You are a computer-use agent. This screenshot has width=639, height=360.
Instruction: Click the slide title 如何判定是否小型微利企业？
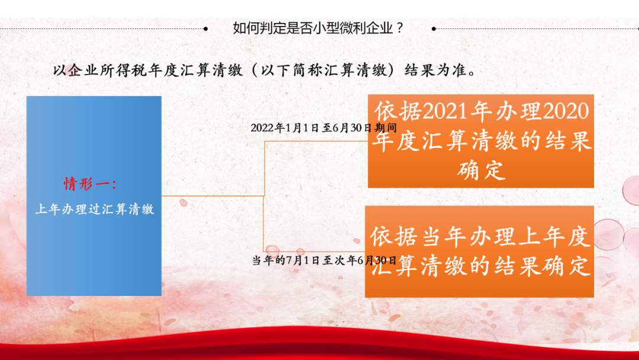[x=318, y=28]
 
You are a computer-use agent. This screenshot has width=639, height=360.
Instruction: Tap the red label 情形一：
[x=91, y=184]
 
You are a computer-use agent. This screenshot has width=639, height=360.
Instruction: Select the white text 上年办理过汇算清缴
[x=95, y=209]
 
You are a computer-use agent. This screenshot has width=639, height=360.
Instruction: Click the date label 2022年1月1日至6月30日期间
[x=324, y=128]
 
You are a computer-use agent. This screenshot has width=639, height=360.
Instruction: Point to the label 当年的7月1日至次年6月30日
[x=324, y=260]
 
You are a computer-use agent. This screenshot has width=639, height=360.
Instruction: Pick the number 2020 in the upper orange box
[x=566, y=111]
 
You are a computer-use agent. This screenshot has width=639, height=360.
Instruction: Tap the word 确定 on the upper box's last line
[x=481, y=171]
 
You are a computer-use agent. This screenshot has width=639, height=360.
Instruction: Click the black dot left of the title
[x=206, y=28]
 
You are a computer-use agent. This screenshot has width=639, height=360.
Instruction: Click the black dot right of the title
[x=434, y=28]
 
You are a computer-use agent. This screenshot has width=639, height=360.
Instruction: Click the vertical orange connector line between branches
[x=264, y=196]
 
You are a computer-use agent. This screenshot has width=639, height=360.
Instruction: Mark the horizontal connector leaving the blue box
[x=213, y=196]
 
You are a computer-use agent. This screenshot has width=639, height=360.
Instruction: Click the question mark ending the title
[x=399, y=28]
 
